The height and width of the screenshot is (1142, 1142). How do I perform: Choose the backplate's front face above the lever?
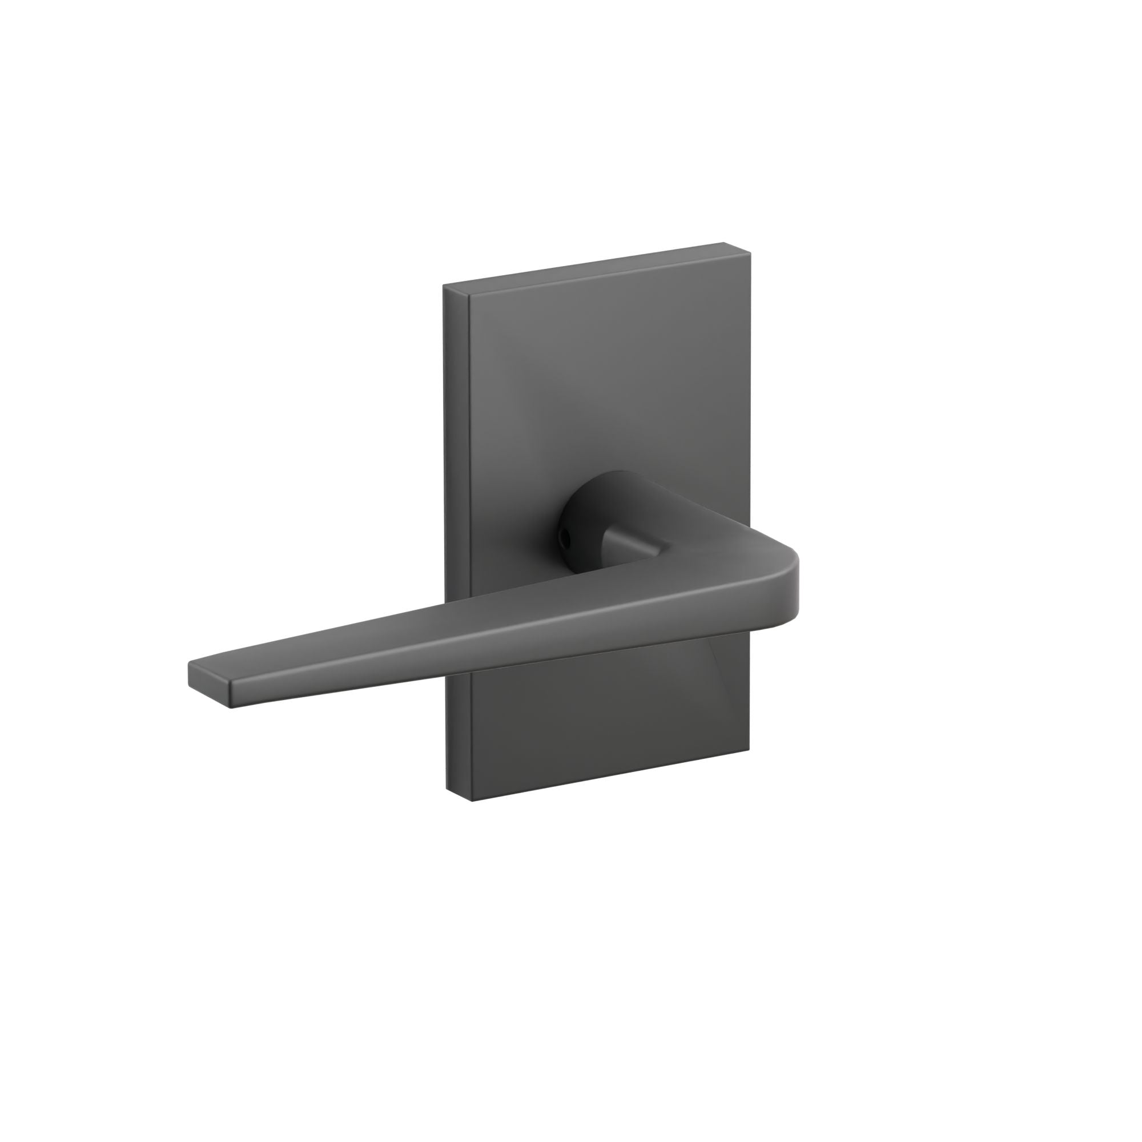609,402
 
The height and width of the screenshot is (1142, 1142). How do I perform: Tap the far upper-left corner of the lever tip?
189,662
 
